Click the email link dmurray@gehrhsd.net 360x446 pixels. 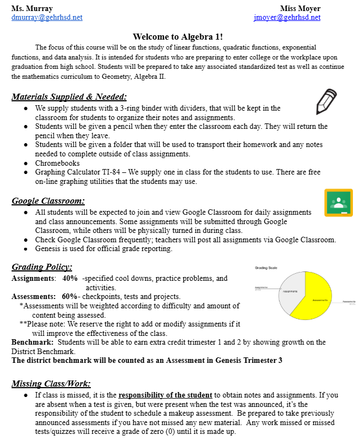(47, 18)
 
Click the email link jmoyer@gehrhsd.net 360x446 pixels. (287, 18)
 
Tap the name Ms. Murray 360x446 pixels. (32, 9)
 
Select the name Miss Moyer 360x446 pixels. (300, 9)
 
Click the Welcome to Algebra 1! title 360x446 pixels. (178, 37)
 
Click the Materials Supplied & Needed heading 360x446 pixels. (69, 97)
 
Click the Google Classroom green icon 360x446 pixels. (338, 203)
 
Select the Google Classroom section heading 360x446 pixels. (48, 201)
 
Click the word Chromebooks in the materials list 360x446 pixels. (57, 164)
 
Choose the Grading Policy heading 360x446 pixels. (42, 267)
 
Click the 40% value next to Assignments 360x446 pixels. (70, 279)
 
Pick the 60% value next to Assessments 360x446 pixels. (70, 296)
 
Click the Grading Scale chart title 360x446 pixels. (268, 268)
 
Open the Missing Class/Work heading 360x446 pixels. (51, 383)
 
